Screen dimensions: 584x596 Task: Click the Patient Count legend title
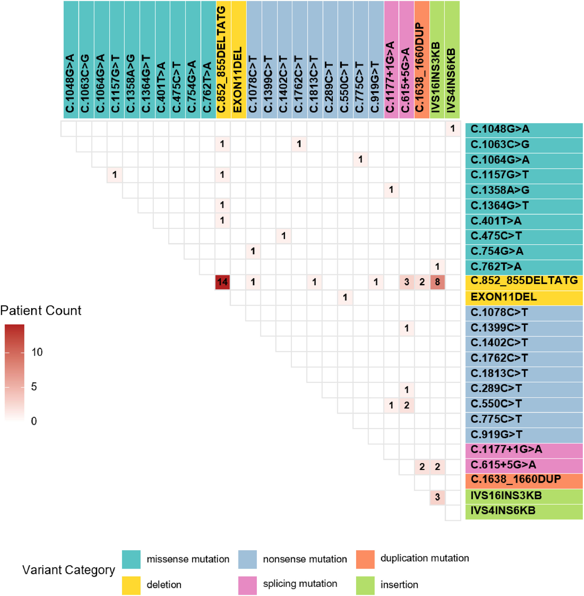click(x=41, y=311)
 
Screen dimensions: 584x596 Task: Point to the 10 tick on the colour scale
click(x=37, y=352)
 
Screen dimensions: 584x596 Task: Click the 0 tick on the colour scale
click(x=34, y=421)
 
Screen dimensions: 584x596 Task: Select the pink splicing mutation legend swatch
click(x=248, y=585)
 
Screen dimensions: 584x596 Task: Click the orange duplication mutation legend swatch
click(x=365, y=559)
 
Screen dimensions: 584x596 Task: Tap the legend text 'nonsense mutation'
click(x=305, y=559)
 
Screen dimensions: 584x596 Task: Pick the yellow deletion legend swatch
click(x=131, y=585)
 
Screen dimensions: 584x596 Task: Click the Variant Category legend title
click(x=69, y=570)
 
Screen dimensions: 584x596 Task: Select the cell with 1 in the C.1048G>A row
click(x=453, y=129)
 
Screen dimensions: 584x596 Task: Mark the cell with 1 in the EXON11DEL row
click(x=345, y=297)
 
